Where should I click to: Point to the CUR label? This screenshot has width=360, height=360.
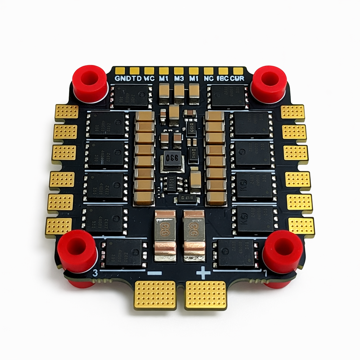coord(238,78)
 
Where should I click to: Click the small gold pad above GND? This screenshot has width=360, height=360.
coord(120,71)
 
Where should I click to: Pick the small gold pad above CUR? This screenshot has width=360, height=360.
coord(238,71)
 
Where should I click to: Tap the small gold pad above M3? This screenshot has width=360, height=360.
coord(179,71)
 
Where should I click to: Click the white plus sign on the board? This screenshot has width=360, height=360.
coord(203,273)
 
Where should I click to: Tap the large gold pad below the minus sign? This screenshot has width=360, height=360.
coord(155,295)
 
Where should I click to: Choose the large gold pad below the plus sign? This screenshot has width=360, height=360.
coord(206,295)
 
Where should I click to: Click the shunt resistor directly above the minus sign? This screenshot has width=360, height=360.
coord(165,236)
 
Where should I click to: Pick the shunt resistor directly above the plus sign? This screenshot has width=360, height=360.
coord(194,236)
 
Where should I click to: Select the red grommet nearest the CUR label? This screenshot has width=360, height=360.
coord(269,84)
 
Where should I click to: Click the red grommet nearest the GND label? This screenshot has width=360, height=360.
coord(90,83)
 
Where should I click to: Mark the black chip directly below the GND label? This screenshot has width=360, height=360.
coord(131,96)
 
